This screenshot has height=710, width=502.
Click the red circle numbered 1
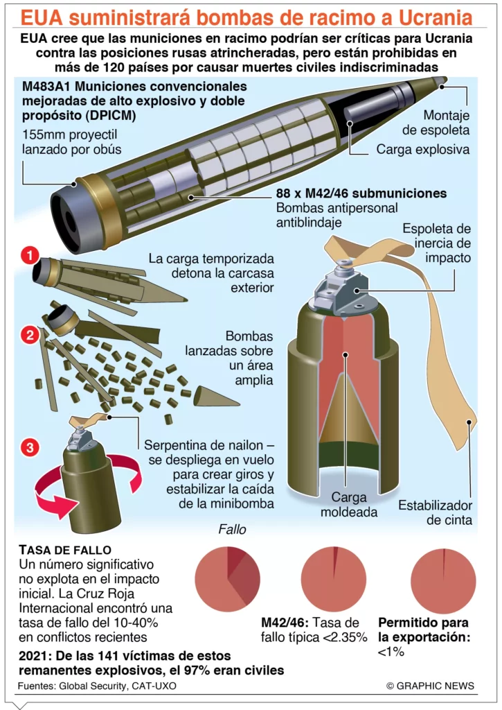[x=30, y=256]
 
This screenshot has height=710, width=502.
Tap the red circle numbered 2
[x=30, y=336]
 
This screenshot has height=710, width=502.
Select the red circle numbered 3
[x=30, y=447]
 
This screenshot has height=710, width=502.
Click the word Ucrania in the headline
[x=436, y=17]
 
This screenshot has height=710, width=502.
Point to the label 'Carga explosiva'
[x=423, y=150]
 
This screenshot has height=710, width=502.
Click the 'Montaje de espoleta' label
[x=436, y=123]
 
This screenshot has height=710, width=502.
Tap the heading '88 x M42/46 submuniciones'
[x=361, y=193]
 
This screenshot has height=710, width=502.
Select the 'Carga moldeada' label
[x=349, y=505]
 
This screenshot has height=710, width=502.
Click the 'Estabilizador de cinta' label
[x=435, y=512]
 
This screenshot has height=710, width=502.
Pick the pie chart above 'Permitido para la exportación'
[x=443, y=580]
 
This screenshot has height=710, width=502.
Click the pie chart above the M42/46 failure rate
[x=333, y=579]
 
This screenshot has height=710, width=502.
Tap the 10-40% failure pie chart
[x=228, y=579]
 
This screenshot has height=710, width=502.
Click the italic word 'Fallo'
[x=233, y=529]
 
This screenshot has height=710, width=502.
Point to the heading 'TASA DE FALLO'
[x=65, y=550]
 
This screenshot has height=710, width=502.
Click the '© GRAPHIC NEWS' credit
[x=430, y=686]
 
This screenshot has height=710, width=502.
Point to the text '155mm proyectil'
[x=70, y=135]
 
